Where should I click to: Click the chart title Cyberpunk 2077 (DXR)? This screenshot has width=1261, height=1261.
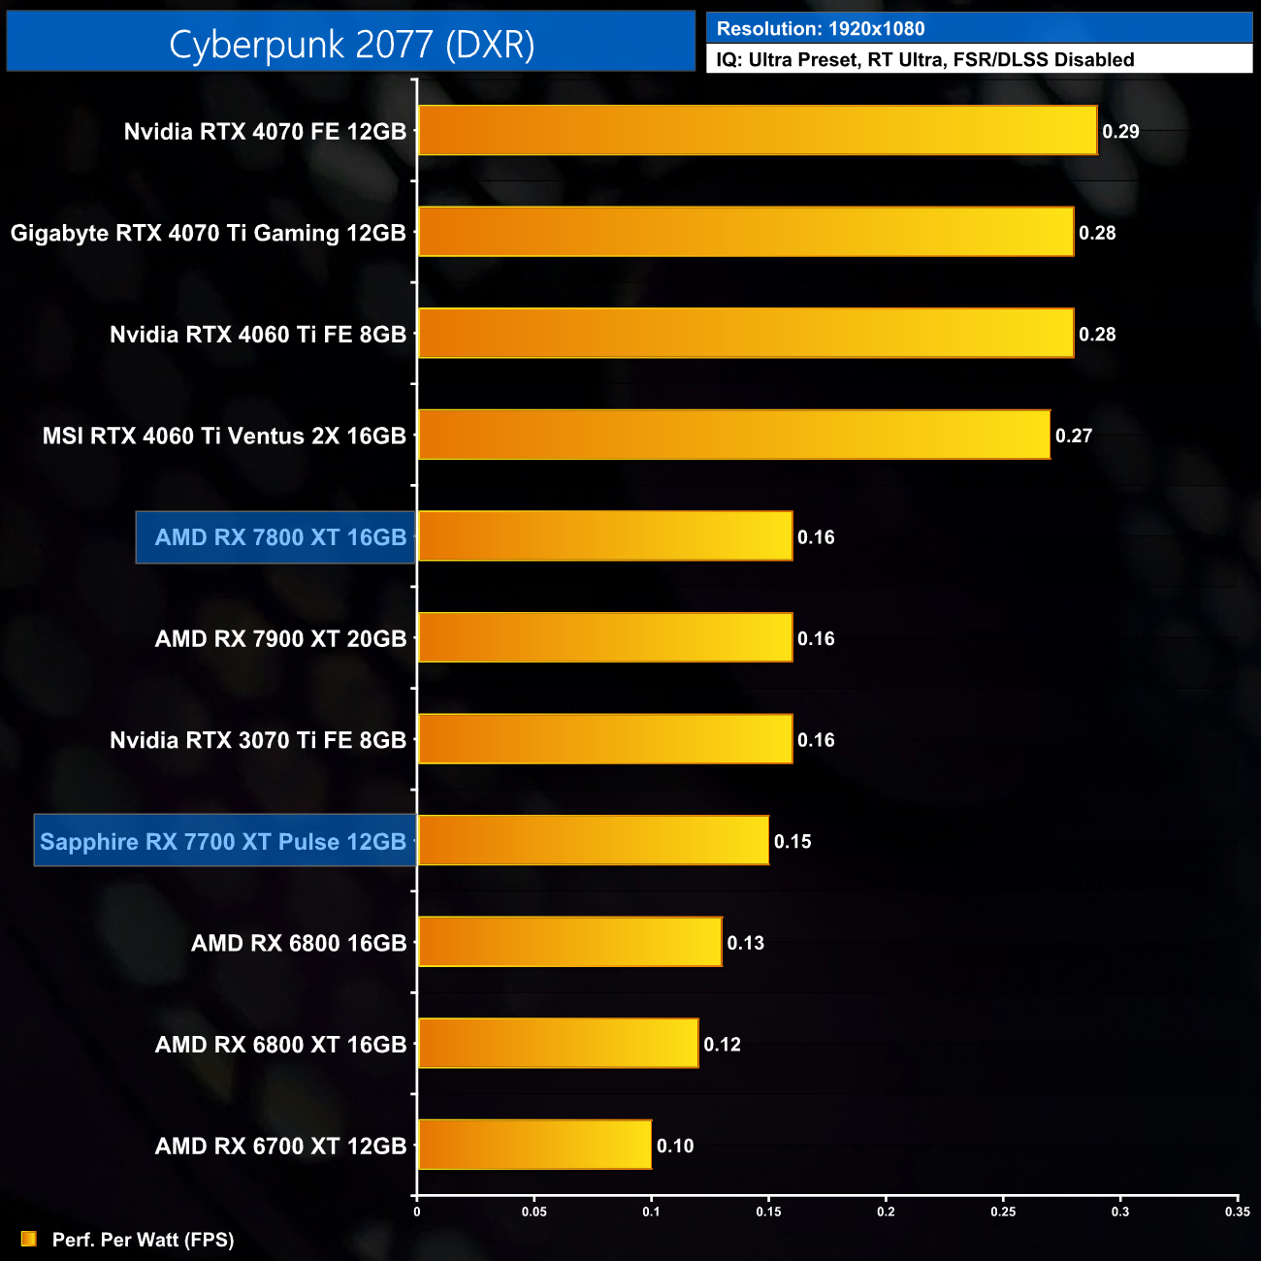click(351, 45)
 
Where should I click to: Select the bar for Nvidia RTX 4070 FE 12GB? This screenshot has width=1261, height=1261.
click(757, 131)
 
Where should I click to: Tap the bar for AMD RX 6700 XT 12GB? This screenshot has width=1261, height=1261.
click(534, 1145)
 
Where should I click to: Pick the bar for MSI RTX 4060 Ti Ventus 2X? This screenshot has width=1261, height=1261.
click(733, 436)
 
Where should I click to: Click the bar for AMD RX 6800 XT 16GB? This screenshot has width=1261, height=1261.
click(558, 1044)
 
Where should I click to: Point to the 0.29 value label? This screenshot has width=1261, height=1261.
click(1120, 132)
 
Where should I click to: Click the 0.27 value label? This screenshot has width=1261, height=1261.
click(1074, 436)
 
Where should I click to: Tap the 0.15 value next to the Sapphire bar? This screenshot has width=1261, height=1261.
click(792, 842)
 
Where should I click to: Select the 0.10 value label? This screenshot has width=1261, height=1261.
click(675, 1147)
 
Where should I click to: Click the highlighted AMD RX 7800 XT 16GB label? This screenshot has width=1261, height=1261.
click(280, 537)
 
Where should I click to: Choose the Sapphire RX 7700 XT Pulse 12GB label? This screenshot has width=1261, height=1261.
click(223, 842)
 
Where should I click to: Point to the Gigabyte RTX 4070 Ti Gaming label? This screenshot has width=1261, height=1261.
click(208, 234)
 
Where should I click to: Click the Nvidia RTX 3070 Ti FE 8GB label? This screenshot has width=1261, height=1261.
click(258, 741)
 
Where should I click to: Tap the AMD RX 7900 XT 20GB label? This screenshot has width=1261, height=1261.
click(280, 639)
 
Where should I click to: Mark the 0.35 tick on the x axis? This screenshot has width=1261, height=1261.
click(1237, 1212)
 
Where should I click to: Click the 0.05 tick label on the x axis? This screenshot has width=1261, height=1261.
click(534, 1212)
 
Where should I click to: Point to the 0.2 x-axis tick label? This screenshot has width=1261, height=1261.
click(886, 1212)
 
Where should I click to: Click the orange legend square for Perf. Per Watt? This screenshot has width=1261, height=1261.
click(29, 1239)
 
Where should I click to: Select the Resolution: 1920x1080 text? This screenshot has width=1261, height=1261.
click(821, 29)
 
